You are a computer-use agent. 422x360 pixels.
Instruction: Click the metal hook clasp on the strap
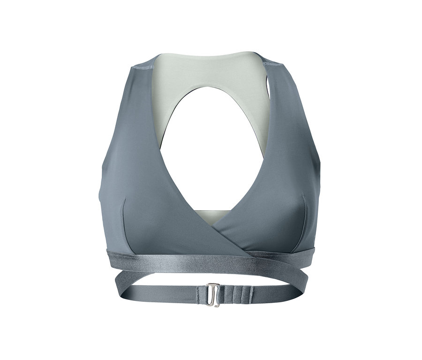[214, 294]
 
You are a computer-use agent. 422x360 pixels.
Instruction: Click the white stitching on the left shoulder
[143, 67]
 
